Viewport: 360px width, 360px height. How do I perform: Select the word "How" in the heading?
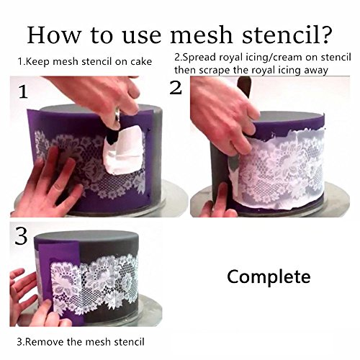click(x=54, y=35)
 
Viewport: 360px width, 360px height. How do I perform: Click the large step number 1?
click(x=23, y=92)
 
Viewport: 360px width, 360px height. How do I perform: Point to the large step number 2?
click(x=176, y=88)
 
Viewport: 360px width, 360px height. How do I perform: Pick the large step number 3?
click(x=21, y=236)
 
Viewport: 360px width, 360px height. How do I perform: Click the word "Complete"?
click(x=269, y=277)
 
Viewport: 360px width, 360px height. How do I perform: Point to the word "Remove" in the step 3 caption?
click(x=45, y=341)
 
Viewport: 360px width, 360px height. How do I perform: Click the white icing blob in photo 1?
click(x=123, y=150)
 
